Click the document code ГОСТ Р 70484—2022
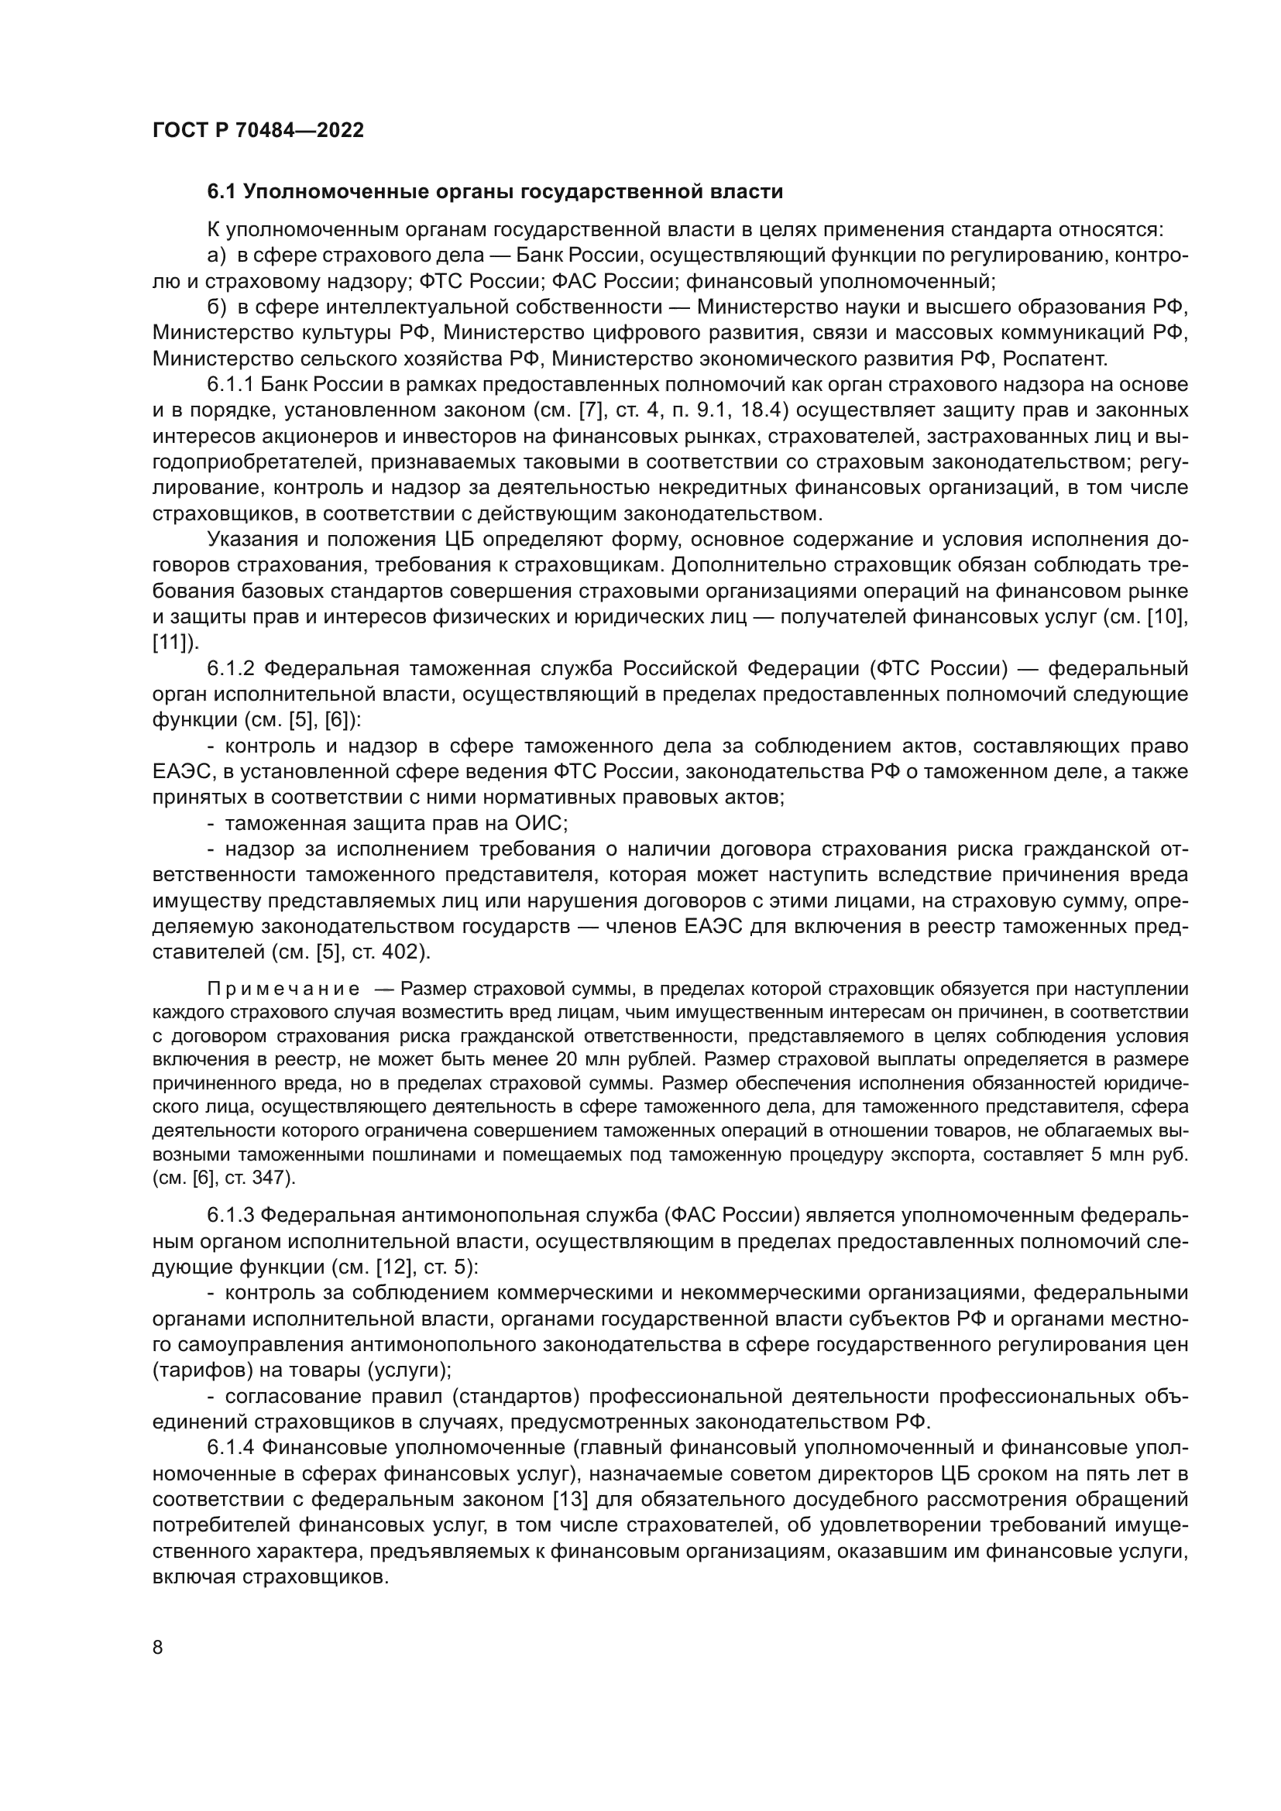pos(258,131)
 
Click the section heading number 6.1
pos(222,192)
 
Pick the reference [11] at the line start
pos(170,643)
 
